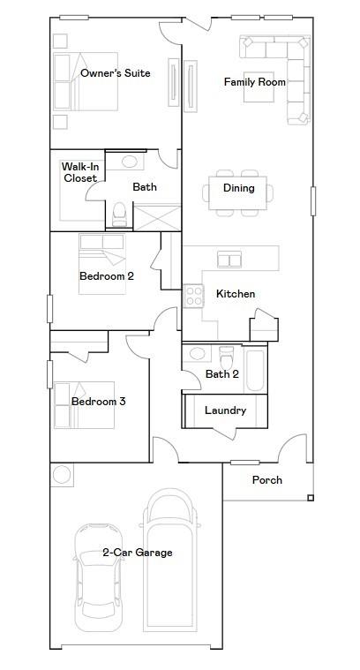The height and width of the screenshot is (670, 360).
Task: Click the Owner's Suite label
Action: click(116, 73)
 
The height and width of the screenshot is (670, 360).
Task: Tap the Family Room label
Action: click(255, 81)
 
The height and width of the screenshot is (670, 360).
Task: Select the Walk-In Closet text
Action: click(80, 172)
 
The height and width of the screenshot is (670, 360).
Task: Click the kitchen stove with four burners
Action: click(194, 296)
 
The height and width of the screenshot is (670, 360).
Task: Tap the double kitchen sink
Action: click(229, 260)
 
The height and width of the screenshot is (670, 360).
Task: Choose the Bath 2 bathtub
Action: click(255, 371)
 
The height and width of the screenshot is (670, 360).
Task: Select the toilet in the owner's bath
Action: click(119, 214)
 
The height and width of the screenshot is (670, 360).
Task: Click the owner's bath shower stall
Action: click(157, 217)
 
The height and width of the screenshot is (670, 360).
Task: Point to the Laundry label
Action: click(226, 410)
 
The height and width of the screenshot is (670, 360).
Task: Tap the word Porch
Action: click(266, 480)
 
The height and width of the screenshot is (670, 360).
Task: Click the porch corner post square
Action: click(311, 497)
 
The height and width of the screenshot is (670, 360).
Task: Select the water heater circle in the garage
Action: click(62, 475)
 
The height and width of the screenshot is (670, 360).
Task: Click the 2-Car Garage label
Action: click(138, 553)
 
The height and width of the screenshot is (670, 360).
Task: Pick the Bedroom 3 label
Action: click(98, 402)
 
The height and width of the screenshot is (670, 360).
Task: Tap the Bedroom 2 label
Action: click(107, 276)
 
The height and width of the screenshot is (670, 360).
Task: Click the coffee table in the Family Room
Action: click(259, 87)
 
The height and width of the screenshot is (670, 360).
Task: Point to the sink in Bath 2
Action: click(197, 353)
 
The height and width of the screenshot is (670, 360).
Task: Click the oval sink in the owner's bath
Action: click(130, 162)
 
